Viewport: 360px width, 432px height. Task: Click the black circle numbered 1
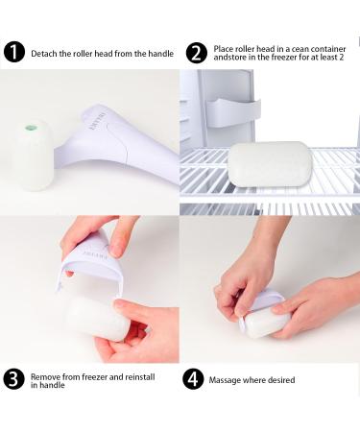tap(14, 52)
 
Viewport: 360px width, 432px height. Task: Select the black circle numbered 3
tap(14, 378)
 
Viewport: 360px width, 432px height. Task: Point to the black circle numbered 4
tap(194, 378)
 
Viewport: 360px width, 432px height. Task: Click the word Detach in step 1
tap(43, 53)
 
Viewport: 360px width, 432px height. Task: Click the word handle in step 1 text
tap(160, 53)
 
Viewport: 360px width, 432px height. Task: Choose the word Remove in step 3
tap(44, 374)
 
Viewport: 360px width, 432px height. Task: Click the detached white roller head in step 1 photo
tap(35, 154)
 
